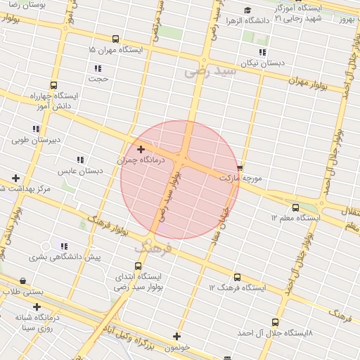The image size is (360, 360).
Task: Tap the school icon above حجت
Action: pos(98,68)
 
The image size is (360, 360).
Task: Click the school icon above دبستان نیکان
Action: pos(262,53)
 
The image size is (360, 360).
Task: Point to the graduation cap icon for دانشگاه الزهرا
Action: pos(247,10)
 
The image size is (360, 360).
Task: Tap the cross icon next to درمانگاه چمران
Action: pos(141,149)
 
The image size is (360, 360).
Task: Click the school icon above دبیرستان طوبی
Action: pos(36,129)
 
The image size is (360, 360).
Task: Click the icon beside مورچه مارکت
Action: pos(240,168)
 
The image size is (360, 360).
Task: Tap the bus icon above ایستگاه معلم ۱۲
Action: pos(295,207)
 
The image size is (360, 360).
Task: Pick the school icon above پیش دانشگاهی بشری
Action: pos(64,246)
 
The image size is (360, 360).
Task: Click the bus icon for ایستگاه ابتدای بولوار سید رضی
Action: pos(138,266)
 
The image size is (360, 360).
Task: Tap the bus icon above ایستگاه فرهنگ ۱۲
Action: pos(237,277)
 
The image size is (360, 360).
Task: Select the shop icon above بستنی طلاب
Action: pos(23,280)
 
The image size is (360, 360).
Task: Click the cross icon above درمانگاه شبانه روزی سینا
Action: pos(37,306)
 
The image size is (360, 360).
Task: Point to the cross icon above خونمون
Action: pos(176,336)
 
